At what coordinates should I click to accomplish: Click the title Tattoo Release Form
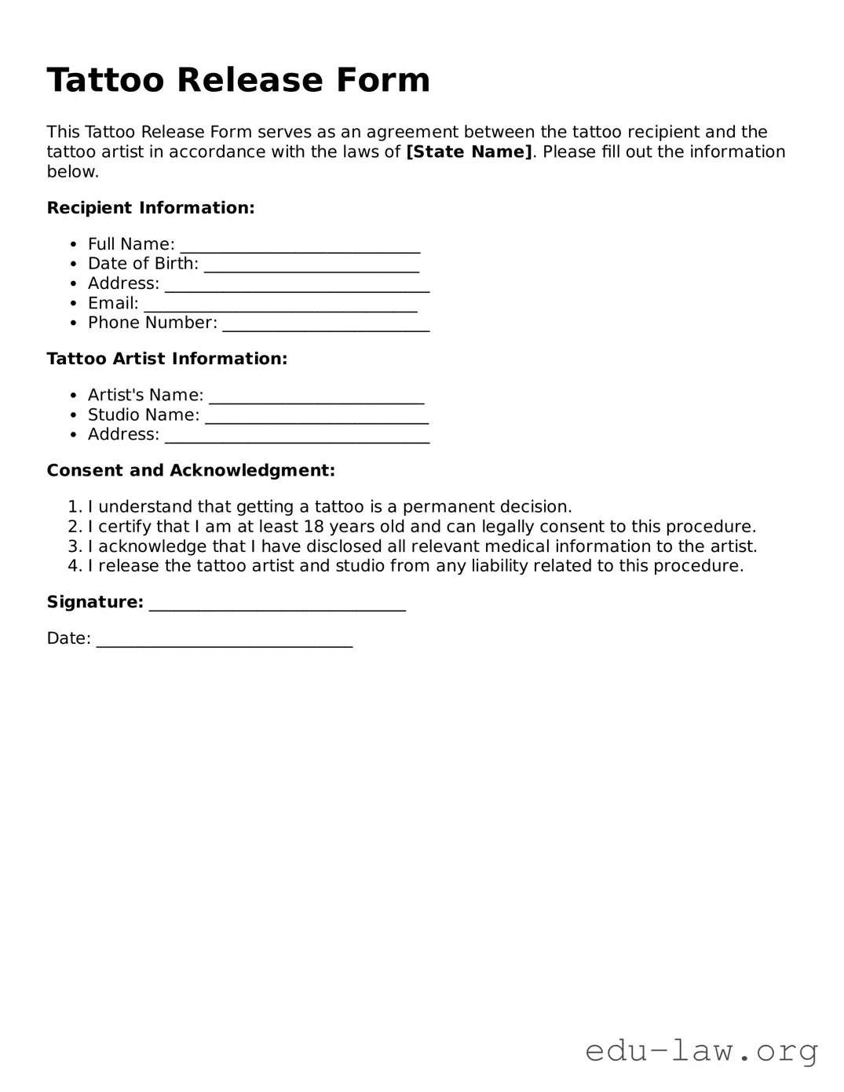[x=238, y=80]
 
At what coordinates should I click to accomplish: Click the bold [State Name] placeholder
[x=469, y=152]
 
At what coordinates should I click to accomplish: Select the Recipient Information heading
[x=151, y=208]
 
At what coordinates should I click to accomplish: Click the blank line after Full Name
[x=300, y=247]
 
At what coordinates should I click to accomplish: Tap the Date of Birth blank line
[x=312, y=266]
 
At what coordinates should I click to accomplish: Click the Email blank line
[x=280, y=305]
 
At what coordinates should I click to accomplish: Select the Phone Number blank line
[x=326, y=325]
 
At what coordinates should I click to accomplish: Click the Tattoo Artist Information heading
[x=167, y=359]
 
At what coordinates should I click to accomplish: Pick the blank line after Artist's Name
[x=316, y=397]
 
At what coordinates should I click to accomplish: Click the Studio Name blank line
[x=316, y=417]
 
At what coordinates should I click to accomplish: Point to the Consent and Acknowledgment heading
[x=191, y=470]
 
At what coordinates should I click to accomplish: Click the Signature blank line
[x=277, y=604]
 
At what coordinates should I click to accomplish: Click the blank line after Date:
[x=225, y=641]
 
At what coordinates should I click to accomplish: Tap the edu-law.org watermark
[x=702, y=1050]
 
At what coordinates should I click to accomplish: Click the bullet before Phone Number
[x=73, y=323]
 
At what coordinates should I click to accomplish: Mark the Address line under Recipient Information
[x=297, y=286]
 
